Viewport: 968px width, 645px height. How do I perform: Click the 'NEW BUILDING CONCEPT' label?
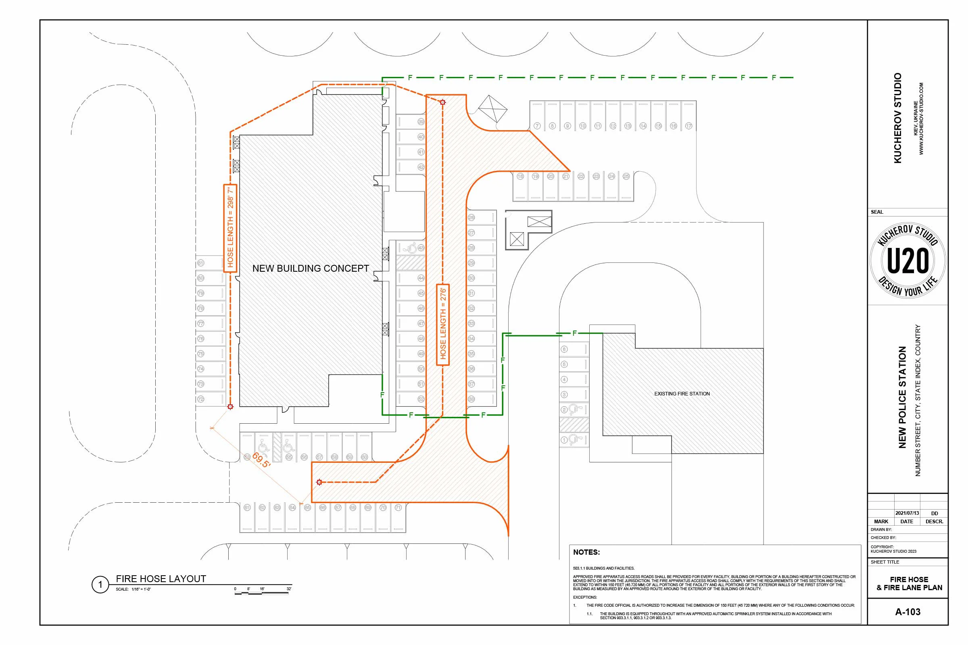coord(310,268)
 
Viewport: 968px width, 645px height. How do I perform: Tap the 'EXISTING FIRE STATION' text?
coord(682,394)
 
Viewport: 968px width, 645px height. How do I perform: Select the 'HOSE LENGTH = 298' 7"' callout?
coord(230,228)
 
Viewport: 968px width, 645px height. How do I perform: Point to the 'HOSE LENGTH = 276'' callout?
coord(443,324)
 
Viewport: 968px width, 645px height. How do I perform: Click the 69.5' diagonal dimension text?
coord(261,460)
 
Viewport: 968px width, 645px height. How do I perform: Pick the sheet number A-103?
coord(907,612)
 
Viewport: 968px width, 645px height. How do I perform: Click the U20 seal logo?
coord(907,260)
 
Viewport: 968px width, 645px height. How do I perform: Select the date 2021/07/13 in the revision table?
coord(907,513)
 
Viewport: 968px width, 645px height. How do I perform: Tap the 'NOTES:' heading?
coord(586,552)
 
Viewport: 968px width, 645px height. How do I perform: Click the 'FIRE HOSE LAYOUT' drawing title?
coord(161,579)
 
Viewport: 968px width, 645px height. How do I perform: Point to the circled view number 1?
coord(100,585)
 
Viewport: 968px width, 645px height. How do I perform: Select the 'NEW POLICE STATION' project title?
coord(902,397)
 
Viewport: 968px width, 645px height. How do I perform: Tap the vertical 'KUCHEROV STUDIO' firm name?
coord(898,118)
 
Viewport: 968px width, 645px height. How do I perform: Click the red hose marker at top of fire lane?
coord(443,102)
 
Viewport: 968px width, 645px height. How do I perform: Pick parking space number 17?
coord(688,126)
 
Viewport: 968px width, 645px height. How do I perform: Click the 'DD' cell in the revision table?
coord(934,513)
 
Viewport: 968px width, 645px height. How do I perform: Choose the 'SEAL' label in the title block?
coord(876,212)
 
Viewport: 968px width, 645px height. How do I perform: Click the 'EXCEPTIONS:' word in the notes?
coord(585,597)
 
